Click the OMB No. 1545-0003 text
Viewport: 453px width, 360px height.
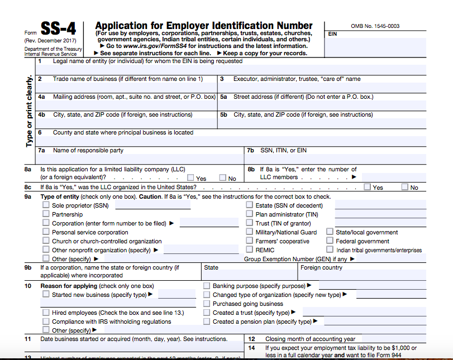click(x=375, y=26)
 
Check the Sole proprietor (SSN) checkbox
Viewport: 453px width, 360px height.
click(x=46, y=205)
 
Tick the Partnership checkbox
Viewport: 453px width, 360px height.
click(x=46, y=214)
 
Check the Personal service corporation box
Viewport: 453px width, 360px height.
click(x=46, y=232)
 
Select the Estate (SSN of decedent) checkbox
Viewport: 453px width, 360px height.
click(x=250, y=205)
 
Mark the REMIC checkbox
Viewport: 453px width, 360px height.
click(x=250, y=250)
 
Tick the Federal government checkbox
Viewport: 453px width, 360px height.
click(x=330, y=241)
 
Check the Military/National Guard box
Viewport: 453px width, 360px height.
click(x=250, y=232)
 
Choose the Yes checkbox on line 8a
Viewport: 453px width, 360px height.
click(x=190, y=178)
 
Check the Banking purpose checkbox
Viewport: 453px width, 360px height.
click(x=207, y=286)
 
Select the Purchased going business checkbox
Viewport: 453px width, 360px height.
click(x=207, y=304)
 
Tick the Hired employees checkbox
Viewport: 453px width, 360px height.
click(x=46, y=313)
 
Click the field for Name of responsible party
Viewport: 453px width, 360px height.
click(x=140, y=159)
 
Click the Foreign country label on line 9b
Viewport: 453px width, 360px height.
click(x=321, y=267)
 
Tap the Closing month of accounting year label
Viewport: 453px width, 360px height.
click(x=310, y=339)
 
